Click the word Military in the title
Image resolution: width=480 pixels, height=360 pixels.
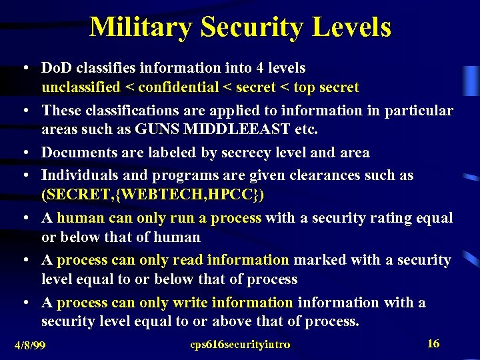point(140,27)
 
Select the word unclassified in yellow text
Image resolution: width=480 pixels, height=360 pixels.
point(81,87)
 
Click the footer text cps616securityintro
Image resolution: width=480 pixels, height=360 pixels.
point(240,345)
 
